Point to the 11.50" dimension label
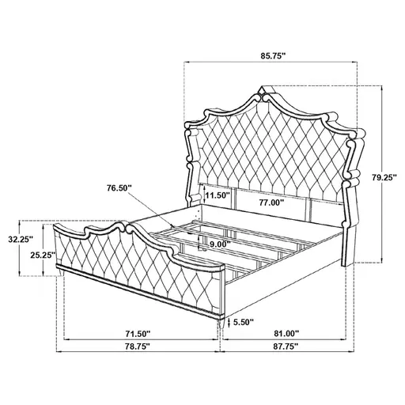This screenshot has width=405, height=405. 217,194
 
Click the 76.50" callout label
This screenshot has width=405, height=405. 119,187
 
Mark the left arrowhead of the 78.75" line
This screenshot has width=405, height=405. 62,341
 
